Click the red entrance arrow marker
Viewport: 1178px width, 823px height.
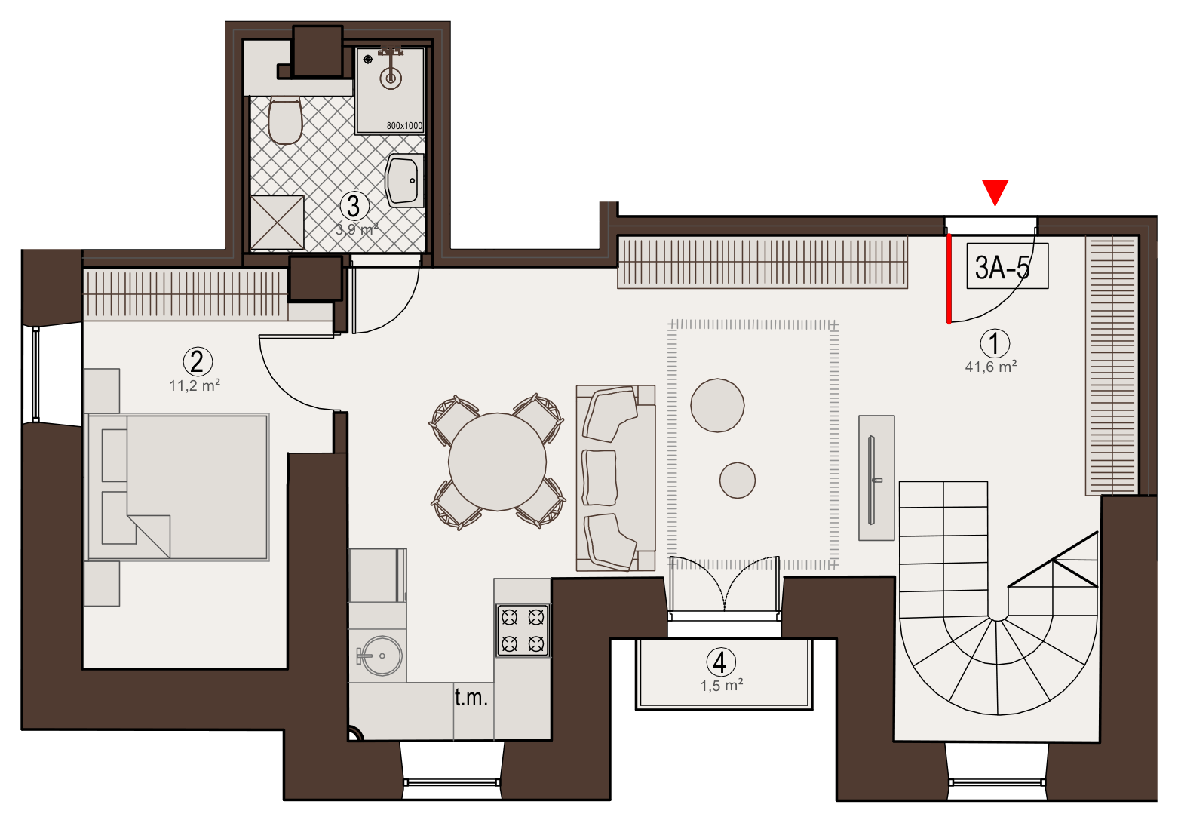995,192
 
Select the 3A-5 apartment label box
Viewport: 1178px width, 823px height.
1007,266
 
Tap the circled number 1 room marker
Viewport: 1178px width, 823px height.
995,343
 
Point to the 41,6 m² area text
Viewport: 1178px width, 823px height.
991,367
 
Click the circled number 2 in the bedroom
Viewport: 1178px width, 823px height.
198,362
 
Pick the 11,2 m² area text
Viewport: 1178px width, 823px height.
195,385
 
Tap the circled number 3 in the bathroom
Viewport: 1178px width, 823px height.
354,206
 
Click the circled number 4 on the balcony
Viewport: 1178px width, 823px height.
720,662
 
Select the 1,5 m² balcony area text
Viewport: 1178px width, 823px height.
722,686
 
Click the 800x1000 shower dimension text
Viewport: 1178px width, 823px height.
404,126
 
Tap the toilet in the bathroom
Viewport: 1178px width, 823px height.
285,120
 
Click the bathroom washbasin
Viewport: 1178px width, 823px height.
404,180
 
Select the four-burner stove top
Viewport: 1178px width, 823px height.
523,631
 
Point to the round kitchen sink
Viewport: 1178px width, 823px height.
382,656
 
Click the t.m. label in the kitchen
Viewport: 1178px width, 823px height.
471,697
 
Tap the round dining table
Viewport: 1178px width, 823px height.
497,462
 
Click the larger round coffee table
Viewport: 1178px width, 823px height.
717,405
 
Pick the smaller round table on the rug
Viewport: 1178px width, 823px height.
738,480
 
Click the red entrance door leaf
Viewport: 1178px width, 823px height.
949,278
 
